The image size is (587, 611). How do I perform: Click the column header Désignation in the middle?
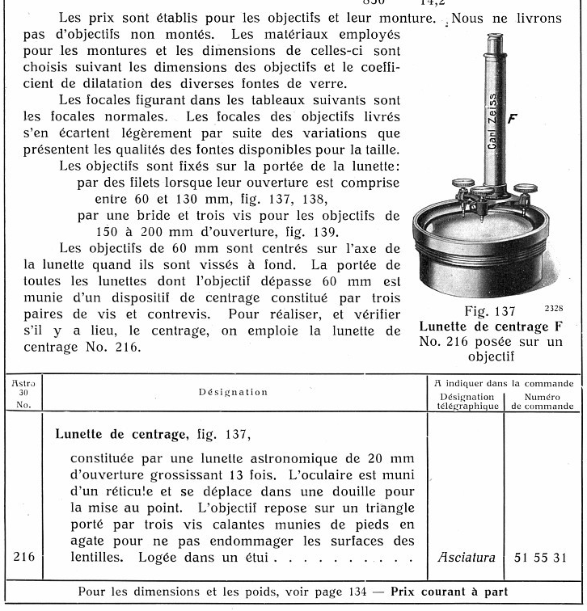233,392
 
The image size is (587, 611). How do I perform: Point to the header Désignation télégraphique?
466,402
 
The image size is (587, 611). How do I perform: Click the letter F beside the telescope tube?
512,119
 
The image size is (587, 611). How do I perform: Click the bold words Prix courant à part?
450,591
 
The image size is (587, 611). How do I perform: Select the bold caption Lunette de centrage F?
488,327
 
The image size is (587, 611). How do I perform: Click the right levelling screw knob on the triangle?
526,190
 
